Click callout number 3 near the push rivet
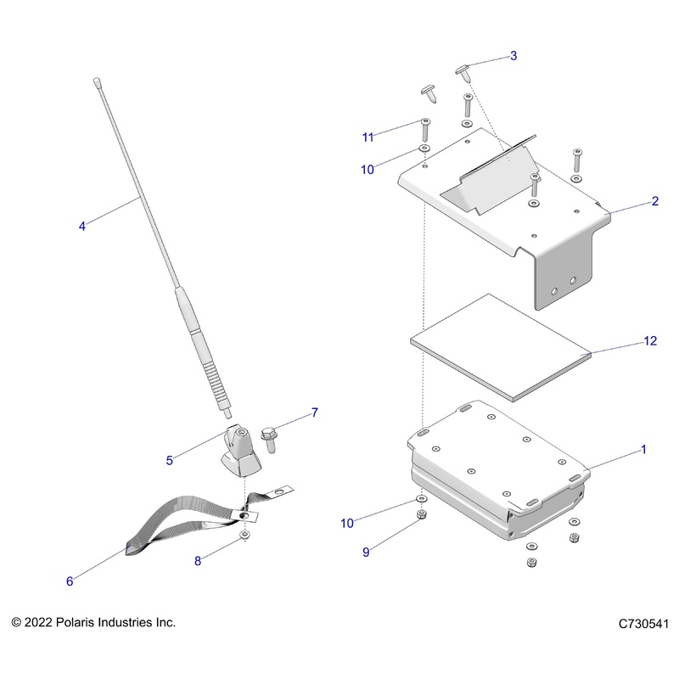point(513,56)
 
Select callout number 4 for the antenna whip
point(81,227)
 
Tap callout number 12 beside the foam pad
point(650,341)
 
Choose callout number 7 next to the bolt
point(314,413)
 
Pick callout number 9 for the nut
point(367,552)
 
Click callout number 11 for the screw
point(368,137)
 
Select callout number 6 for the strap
point(70,581)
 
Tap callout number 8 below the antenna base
point(199,560)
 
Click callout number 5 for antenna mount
point(169,460)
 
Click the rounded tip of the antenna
point(97,82)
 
